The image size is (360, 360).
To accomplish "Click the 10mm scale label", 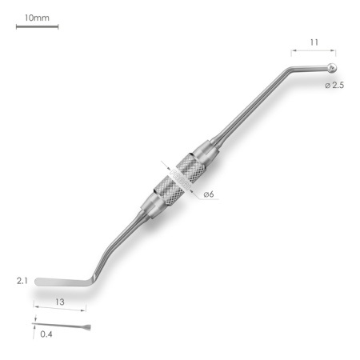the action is coord(37,18).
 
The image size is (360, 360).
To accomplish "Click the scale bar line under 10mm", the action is coord(37,26).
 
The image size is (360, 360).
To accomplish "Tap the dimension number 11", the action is coord(314,42).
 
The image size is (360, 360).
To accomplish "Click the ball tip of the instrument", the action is coord(332,68).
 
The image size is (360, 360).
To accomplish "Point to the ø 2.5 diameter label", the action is coord(334,86).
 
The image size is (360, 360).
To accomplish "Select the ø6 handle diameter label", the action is coord(209,194).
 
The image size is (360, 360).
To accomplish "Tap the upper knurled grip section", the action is coord(191,167).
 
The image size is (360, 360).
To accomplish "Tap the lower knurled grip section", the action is coord(169,190).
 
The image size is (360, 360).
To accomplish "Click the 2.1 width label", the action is coord(22,281).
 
